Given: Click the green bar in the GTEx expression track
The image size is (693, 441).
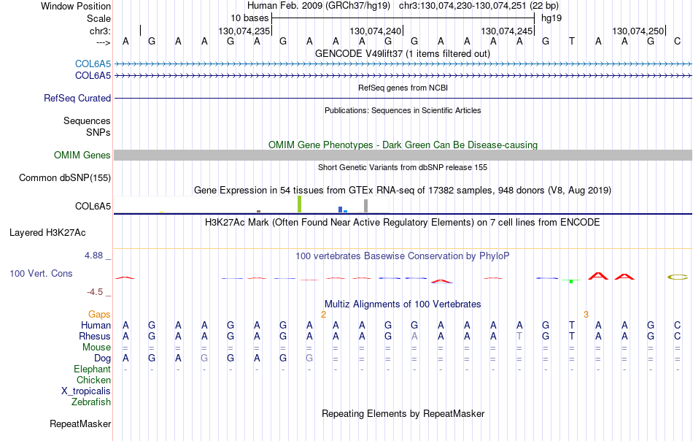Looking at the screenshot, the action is [x=299, y=204].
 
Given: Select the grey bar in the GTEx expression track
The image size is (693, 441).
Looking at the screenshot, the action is [x=365, y=206].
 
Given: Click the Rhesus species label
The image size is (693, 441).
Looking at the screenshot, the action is [x=95, y=336].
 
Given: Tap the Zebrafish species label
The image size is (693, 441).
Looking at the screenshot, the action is [x=91, y=402].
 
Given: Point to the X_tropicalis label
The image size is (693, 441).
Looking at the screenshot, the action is [x=86, y=391].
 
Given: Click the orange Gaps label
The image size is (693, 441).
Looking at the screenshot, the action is [x=99, y=314].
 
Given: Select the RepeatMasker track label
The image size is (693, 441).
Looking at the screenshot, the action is [x=80, y=423].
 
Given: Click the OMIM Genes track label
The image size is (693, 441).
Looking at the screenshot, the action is [x=82, y=156].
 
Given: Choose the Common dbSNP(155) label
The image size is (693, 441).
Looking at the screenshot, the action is [x=65, y=178].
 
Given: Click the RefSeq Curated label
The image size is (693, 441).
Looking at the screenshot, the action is [x=77, y=98].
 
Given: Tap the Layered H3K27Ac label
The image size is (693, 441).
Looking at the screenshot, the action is [x=47, y=233].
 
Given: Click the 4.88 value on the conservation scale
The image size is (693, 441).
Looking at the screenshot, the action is [x=93, y=256].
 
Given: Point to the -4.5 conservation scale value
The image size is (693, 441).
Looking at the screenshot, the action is [x=95, y=292].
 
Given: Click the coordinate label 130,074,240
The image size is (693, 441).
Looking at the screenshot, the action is [x=375, y=31].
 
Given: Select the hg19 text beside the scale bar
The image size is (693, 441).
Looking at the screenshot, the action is [x=551, y=18].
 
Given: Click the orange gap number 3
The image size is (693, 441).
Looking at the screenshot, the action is [x=586, y=315].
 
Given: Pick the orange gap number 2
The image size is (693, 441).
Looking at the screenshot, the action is [x=323, y=315].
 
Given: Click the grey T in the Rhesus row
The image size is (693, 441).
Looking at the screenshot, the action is [x=519, y=336].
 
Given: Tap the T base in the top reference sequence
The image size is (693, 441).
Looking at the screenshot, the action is [x=572, y=41].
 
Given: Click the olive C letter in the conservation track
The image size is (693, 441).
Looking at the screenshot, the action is [x=678, y=277].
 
